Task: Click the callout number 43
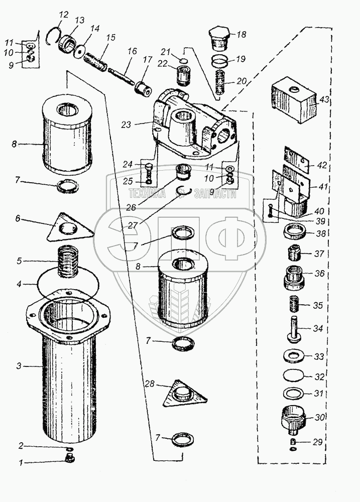324,100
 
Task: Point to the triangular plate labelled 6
73,228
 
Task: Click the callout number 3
19,366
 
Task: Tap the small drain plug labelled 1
70,458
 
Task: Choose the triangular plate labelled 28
185,393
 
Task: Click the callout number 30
320,417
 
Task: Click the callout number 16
132,51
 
